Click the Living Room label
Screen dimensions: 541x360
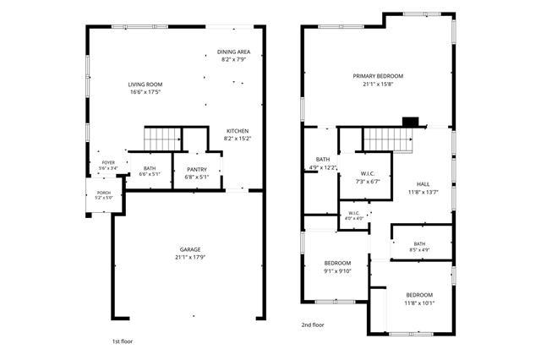[145, 85]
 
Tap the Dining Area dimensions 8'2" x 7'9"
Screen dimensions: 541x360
[233, 59]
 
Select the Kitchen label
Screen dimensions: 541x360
[238, 131]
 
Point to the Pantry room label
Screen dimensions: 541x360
[197, 170]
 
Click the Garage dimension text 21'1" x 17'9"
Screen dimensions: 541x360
[190, 257]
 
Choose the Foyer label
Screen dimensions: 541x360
[108, 163]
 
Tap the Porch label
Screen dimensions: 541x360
[104, 193]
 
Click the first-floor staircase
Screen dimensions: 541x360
[162, 139]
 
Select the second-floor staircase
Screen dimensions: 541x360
[389, 140]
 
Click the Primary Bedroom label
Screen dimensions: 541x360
[378, 76]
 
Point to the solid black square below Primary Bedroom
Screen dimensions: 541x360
[411, 122]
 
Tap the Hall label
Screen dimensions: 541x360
[424, 184]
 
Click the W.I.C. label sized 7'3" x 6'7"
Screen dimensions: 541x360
[368, 174]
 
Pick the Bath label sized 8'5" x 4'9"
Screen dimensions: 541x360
[419, 243]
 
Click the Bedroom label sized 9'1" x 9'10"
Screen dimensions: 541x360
[337, 264]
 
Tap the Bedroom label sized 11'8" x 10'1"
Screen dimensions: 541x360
[419, 295]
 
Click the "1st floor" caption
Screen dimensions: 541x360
[122, 341]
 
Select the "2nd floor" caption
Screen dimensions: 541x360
[313, 325]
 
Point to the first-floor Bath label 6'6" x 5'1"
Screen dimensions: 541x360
[150, 168]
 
